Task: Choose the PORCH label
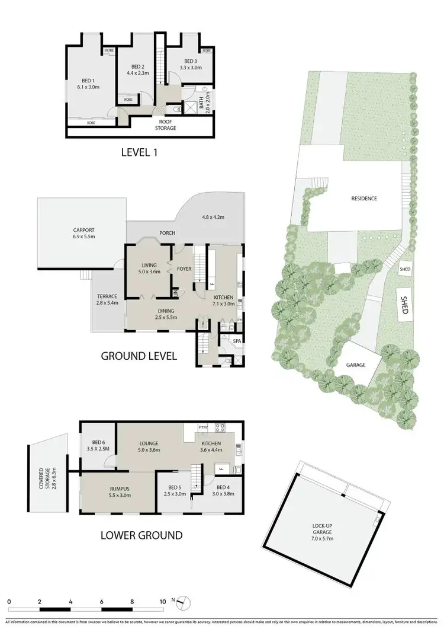tap(167, 233)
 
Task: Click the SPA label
tap(236, 341)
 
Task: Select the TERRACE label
tap(107, 296)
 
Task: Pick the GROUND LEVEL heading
tap(139, 356)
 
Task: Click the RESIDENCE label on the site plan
tap(363, 199)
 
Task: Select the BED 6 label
tap(98, 442)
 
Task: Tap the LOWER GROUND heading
tap(141, 535)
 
